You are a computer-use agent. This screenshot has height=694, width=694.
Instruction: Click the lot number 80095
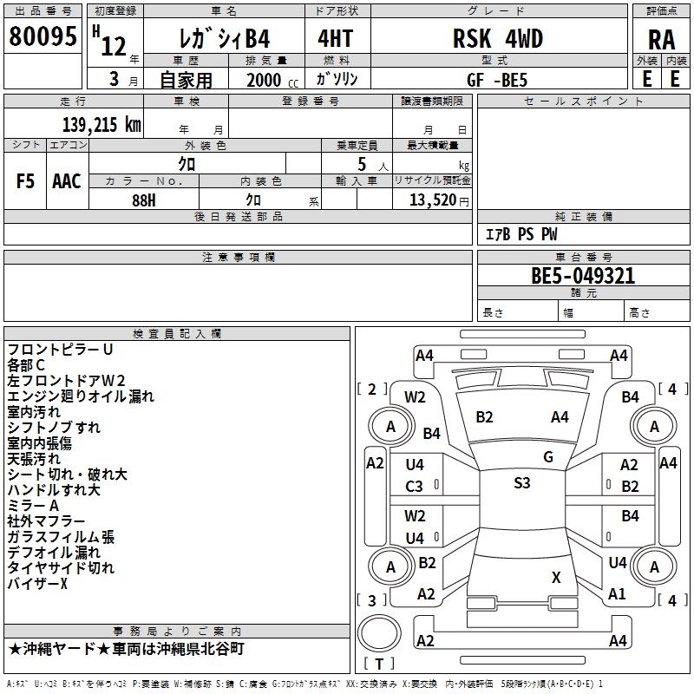(43, 36)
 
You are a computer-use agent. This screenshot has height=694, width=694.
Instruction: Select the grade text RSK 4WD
(498, 38)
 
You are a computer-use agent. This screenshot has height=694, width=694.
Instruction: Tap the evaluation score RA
(662, 40)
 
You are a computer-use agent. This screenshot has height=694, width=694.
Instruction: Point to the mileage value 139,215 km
(101, 124)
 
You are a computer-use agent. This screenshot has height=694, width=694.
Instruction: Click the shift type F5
(25, 181)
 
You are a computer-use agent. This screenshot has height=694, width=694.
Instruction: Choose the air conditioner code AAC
(67, 181)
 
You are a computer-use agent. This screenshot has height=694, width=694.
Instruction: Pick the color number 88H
(144, 200)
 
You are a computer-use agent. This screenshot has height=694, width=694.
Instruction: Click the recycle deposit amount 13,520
(433, 200)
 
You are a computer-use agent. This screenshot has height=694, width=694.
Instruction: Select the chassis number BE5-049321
(583, 276)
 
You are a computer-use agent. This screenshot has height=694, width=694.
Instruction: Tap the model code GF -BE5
(497, 80)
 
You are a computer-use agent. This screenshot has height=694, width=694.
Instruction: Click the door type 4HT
(336, 38)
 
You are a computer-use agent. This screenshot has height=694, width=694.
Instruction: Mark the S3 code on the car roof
(522, 483)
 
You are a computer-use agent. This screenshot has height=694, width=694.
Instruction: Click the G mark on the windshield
(548, 457)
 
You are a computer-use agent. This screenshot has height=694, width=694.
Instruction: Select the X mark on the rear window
(556, 577)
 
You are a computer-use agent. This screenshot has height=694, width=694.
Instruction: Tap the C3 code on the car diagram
(415, 487)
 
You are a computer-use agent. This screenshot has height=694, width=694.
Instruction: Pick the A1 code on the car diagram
(617, 594)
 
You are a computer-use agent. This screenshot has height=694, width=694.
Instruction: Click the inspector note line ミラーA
(33, 506)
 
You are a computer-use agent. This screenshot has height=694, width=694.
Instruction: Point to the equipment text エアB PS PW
(522, 234)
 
